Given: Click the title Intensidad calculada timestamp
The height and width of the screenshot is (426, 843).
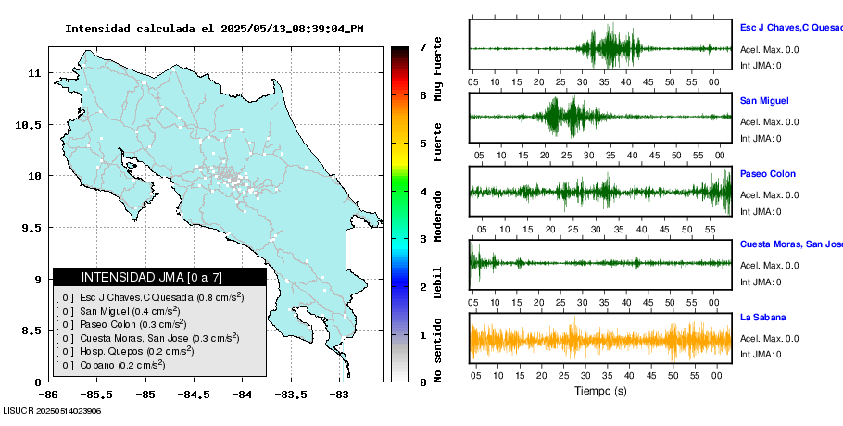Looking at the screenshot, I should click(214, 29).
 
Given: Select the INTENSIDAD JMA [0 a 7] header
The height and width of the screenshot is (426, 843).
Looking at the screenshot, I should click(159, 277).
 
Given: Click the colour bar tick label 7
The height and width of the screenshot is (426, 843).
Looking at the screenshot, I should click(422, 46).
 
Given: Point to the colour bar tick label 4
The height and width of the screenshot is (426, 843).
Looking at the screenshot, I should click(422, 192).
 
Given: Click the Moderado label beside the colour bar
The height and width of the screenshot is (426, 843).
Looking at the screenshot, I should click(438, 215).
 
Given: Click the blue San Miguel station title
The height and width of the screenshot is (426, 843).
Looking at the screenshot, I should click(764, 100).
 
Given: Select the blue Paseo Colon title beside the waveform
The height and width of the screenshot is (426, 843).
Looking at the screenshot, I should click(767, 174).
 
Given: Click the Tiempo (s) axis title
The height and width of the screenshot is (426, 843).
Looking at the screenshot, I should click(600, 391).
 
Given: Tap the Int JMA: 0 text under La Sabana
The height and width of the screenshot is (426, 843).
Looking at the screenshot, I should click(761, 354).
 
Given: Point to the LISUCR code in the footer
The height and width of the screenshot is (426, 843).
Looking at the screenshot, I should click(51, 410).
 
